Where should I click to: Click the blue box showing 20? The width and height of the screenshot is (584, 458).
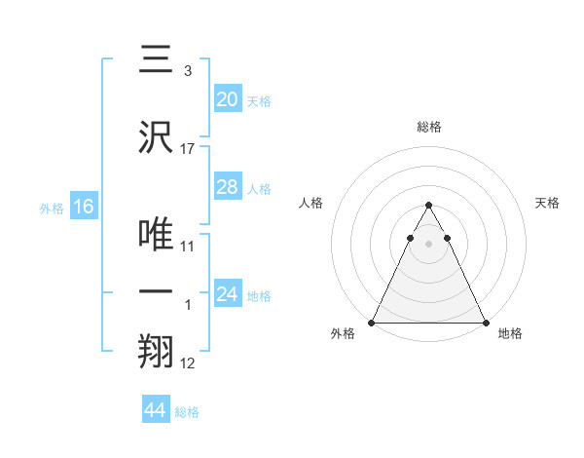point(228,99)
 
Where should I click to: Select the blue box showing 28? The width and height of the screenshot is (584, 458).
point(228,187)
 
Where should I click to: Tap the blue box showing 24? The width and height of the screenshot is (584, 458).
point(228,294)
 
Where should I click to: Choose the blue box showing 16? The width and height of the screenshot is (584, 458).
point(83,207)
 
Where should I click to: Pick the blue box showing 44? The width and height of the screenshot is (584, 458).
point(156,410)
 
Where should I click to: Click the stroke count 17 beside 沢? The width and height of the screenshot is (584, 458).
point(188,149)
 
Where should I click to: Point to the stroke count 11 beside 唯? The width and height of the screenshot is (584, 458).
point(188,247)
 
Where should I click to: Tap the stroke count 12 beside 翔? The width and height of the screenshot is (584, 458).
point(188,363)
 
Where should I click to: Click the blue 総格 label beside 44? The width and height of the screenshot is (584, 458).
point(187,412)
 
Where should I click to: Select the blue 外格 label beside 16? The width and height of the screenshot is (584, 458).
point(52,208)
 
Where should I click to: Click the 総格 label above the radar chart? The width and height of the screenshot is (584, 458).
point(429,127)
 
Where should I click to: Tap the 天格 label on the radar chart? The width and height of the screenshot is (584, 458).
point(548,203)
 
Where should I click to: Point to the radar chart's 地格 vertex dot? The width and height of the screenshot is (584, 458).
point(486,323)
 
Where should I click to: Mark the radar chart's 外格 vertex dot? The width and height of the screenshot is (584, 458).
point(372,323)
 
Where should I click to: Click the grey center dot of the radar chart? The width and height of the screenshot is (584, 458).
point(428,244)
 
